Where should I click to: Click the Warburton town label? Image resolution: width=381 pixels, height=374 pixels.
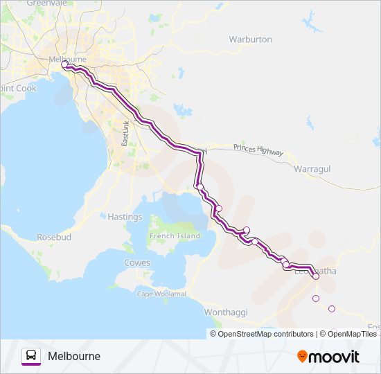[x=250, y=39]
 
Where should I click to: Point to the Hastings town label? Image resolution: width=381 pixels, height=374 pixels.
[x=125, y=217]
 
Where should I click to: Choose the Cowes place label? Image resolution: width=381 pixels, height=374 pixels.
[x=136, y=262]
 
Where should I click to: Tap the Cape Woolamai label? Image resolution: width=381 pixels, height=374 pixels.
[x=161, y=294]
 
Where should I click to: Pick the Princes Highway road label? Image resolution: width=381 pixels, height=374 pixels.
[x=258, y=148]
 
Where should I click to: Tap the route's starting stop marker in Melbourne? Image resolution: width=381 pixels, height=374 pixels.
[x=64, y=64]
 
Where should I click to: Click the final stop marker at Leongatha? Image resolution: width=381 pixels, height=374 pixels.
[x=316, y=276]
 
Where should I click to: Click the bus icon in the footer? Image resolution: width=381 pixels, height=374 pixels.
[x=31, y=357]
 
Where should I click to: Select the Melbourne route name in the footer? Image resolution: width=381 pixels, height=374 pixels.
[x=74, y=357]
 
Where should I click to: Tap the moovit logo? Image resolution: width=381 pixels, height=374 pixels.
[x=328, y=357]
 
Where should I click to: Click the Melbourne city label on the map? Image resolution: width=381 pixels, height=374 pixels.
[x=67, y=60]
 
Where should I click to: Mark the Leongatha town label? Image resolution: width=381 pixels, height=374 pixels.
[x=325, y=271]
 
